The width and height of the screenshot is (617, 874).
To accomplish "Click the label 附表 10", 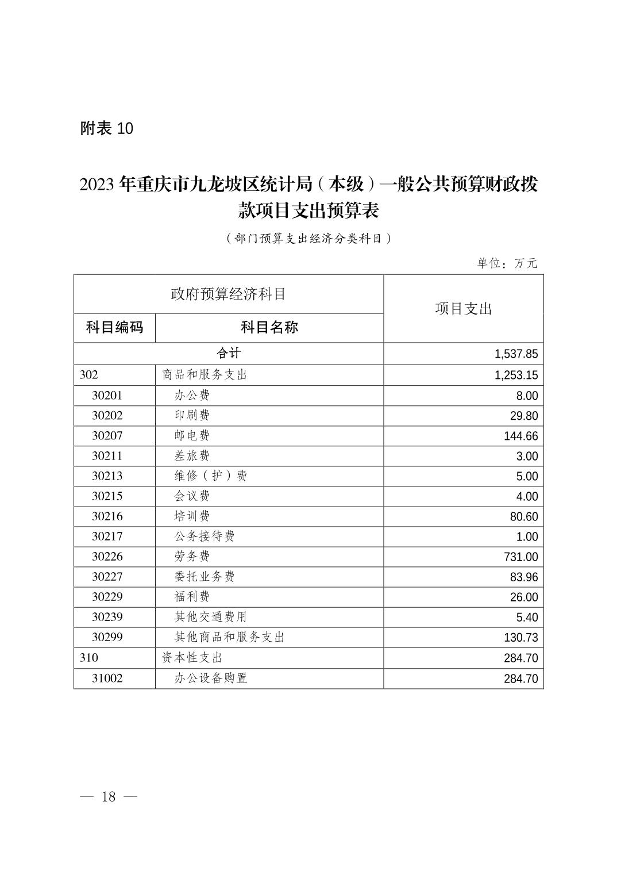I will click(107, 128).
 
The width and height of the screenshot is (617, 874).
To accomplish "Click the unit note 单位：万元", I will click(506, 263).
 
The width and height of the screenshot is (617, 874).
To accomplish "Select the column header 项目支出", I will click(463, 309).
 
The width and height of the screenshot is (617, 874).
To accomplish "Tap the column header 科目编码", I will click(114, 328).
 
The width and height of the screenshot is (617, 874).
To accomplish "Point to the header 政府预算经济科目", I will click(229, 294).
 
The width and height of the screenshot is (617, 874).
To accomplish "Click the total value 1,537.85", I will click(516, 354).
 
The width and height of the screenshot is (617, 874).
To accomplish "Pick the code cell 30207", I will click(107, 436).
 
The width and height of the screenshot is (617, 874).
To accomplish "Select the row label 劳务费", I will click(192, 557).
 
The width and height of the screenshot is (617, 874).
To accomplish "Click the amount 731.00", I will click(520, 557).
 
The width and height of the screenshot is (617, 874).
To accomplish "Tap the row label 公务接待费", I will click(205, 536).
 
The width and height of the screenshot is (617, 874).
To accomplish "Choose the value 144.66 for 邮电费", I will click(520, 436).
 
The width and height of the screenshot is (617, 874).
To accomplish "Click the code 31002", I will click(107, 678).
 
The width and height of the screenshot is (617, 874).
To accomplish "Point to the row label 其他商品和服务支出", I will click(229, 637).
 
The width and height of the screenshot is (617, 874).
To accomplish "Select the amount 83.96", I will click(523, 577).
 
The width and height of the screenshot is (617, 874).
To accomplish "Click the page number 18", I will click(109, 796).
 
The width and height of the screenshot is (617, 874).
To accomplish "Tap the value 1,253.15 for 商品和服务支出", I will click(516, 375).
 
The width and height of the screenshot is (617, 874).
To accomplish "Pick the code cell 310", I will click(89, 658).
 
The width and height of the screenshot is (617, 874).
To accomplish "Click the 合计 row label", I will click(229, 353).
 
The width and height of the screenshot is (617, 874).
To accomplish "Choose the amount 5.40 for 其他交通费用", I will click(527, 618).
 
